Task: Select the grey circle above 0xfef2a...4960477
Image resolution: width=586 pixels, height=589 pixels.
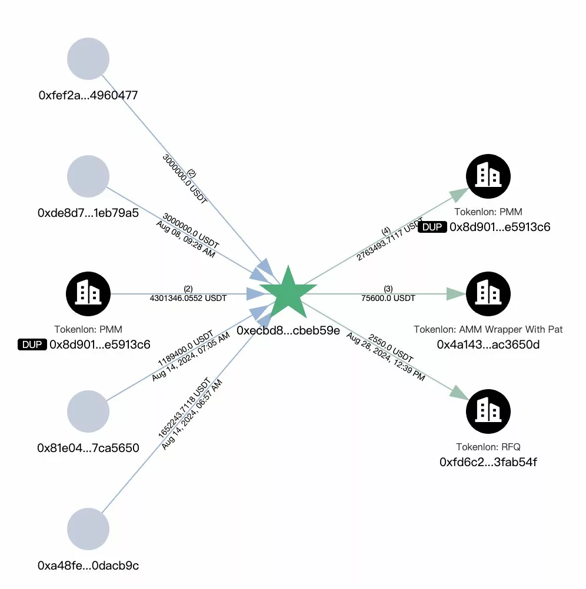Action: [x=88, y=59]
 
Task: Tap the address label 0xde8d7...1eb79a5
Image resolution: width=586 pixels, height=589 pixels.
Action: [x=88, y=213]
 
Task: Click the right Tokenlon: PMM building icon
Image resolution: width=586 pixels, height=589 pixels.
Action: [x=488, y=176]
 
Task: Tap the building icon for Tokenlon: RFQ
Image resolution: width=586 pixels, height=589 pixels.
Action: [x=488, y=410]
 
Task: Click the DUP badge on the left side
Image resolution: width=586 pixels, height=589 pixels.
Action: [x=32, y=344]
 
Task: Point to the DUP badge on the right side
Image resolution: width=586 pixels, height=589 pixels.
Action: [x=432, y=227]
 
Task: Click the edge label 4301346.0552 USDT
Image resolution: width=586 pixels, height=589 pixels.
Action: [x=188, y=298]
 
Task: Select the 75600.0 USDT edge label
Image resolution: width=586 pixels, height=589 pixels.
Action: [x=388, y=298]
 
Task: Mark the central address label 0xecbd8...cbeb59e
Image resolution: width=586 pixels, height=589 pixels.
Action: [x=288, y=330]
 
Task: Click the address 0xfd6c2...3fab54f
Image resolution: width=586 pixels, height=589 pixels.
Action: [x=488, y=462]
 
